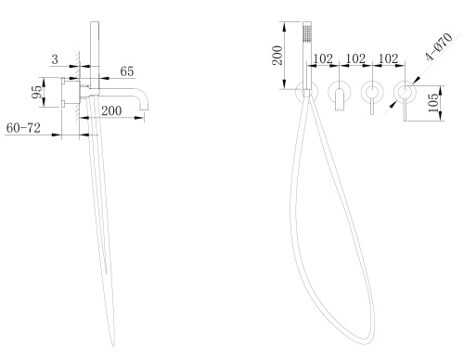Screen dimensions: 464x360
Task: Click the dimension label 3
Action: click(x=55, y=58)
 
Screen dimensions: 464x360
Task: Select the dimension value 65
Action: click(x=127, y=71)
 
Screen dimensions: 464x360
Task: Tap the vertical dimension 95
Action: click(x=37, y=92)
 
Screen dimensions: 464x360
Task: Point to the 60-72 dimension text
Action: click(x=23, y=128)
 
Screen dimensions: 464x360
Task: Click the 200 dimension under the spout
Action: click(x=111, y=110)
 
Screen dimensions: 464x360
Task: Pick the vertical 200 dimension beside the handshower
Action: click(x=277, y=55)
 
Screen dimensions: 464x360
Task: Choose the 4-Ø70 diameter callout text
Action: click(x=439, y=46)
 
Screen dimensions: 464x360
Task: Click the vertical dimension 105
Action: click(x=433, y=102)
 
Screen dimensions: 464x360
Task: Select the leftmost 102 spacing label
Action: click(x=323, y=58)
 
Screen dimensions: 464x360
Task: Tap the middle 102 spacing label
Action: click(x=355, y=58)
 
